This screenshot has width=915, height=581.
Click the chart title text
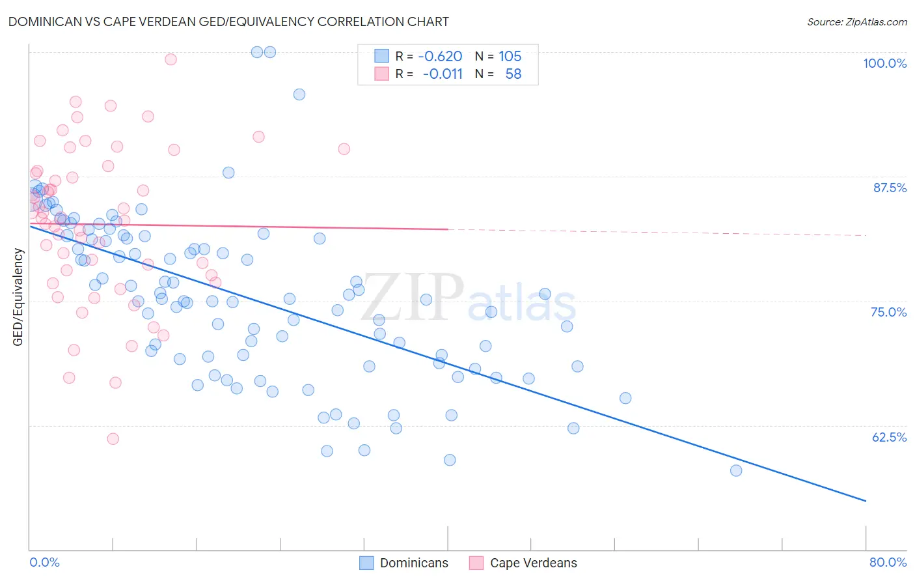pyautogui.click(x=228, y=21)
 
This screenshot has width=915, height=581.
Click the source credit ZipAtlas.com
pyautogui.click(x=856, y=21)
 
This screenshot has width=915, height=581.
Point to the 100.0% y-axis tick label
pyautogui.click(x=884, y=63)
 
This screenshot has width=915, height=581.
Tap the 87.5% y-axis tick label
pyautogui.click(x=889, y=188)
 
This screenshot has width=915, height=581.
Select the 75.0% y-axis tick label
pyautogui.click(x=888, y=312)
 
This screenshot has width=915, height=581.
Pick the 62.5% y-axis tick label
pyautogui.click(x=889, y=437)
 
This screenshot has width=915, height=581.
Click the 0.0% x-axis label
pyautogui.click(x=44, y=562)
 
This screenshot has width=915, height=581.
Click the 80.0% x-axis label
pyautogui.click(x=888, y=562)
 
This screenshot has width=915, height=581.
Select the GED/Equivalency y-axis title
pyautogui.click(x=18, y=297)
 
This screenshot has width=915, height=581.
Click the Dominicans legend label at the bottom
pyautogui.click(x=414, y=563)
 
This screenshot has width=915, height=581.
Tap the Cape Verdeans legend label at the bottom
pyautogui.click(x=533, y=563)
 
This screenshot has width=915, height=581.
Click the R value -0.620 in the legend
pyautogui.click(x=440, y=57)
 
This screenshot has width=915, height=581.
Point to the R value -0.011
pyautogui.click(x=443, y=74)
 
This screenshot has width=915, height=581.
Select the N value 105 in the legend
pyautogui.click(x=510, y=57)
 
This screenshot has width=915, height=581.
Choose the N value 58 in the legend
pyautogui.click(x=513, y=74)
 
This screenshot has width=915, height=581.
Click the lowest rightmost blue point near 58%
pyautogui.click(x=736, y=470)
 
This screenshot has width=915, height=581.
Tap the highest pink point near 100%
pyautogui.click(x=171, y=59)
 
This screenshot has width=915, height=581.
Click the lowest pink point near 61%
pyautogui.click(x=113, y=439)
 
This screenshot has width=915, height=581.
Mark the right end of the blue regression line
pyautogui.click(x=866, y=501)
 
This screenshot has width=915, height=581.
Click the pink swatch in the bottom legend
pyautogui.click(x=476, y=563)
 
